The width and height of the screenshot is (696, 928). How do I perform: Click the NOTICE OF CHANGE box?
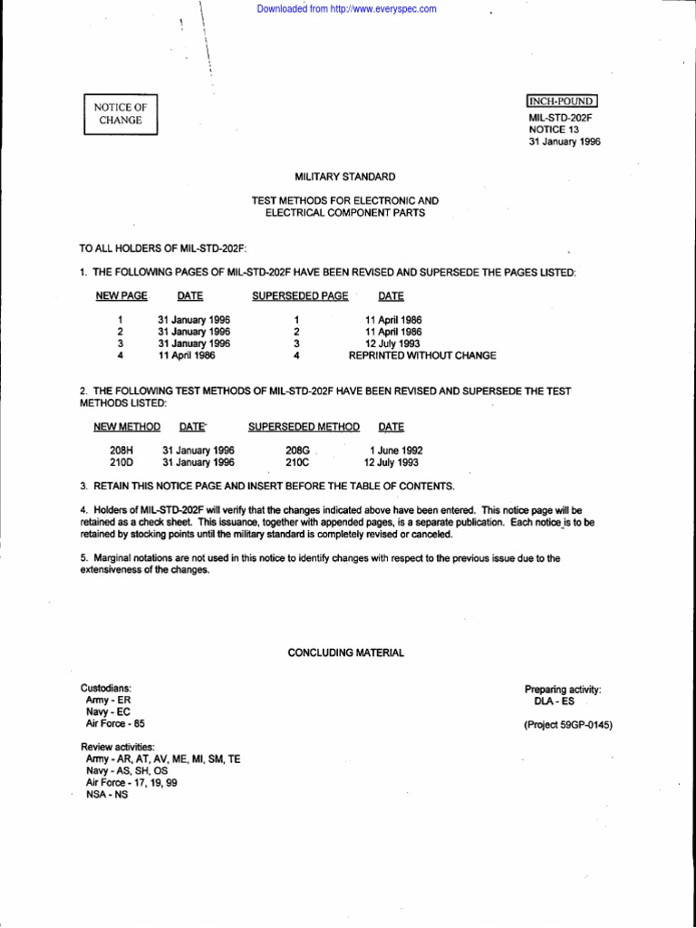[121, 113]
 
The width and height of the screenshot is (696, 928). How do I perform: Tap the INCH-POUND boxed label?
[562, 101]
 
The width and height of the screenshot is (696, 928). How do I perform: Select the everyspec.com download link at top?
[347, 9]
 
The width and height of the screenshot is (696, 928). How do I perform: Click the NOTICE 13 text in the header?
[553, 130]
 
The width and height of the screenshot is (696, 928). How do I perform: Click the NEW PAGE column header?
[121, 295]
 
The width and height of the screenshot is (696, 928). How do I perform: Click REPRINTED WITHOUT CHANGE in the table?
[422, 356]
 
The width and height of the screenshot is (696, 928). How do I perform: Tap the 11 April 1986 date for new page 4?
[188, 356]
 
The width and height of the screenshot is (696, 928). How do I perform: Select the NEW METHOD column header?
[127, 427]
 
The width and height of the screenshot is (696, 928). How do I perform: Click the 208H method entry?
[121, 449]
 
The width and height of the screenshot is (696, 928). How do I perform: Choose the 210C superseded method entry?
[297, 461]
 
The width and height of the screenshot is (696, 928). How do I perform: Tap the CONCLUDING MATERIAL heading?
[346, 652]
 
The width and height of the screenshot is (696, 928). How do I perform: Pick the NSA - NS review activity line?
[106, 794]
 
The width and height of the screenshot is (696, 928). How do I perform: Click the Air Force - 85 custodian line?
[113, 724]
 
